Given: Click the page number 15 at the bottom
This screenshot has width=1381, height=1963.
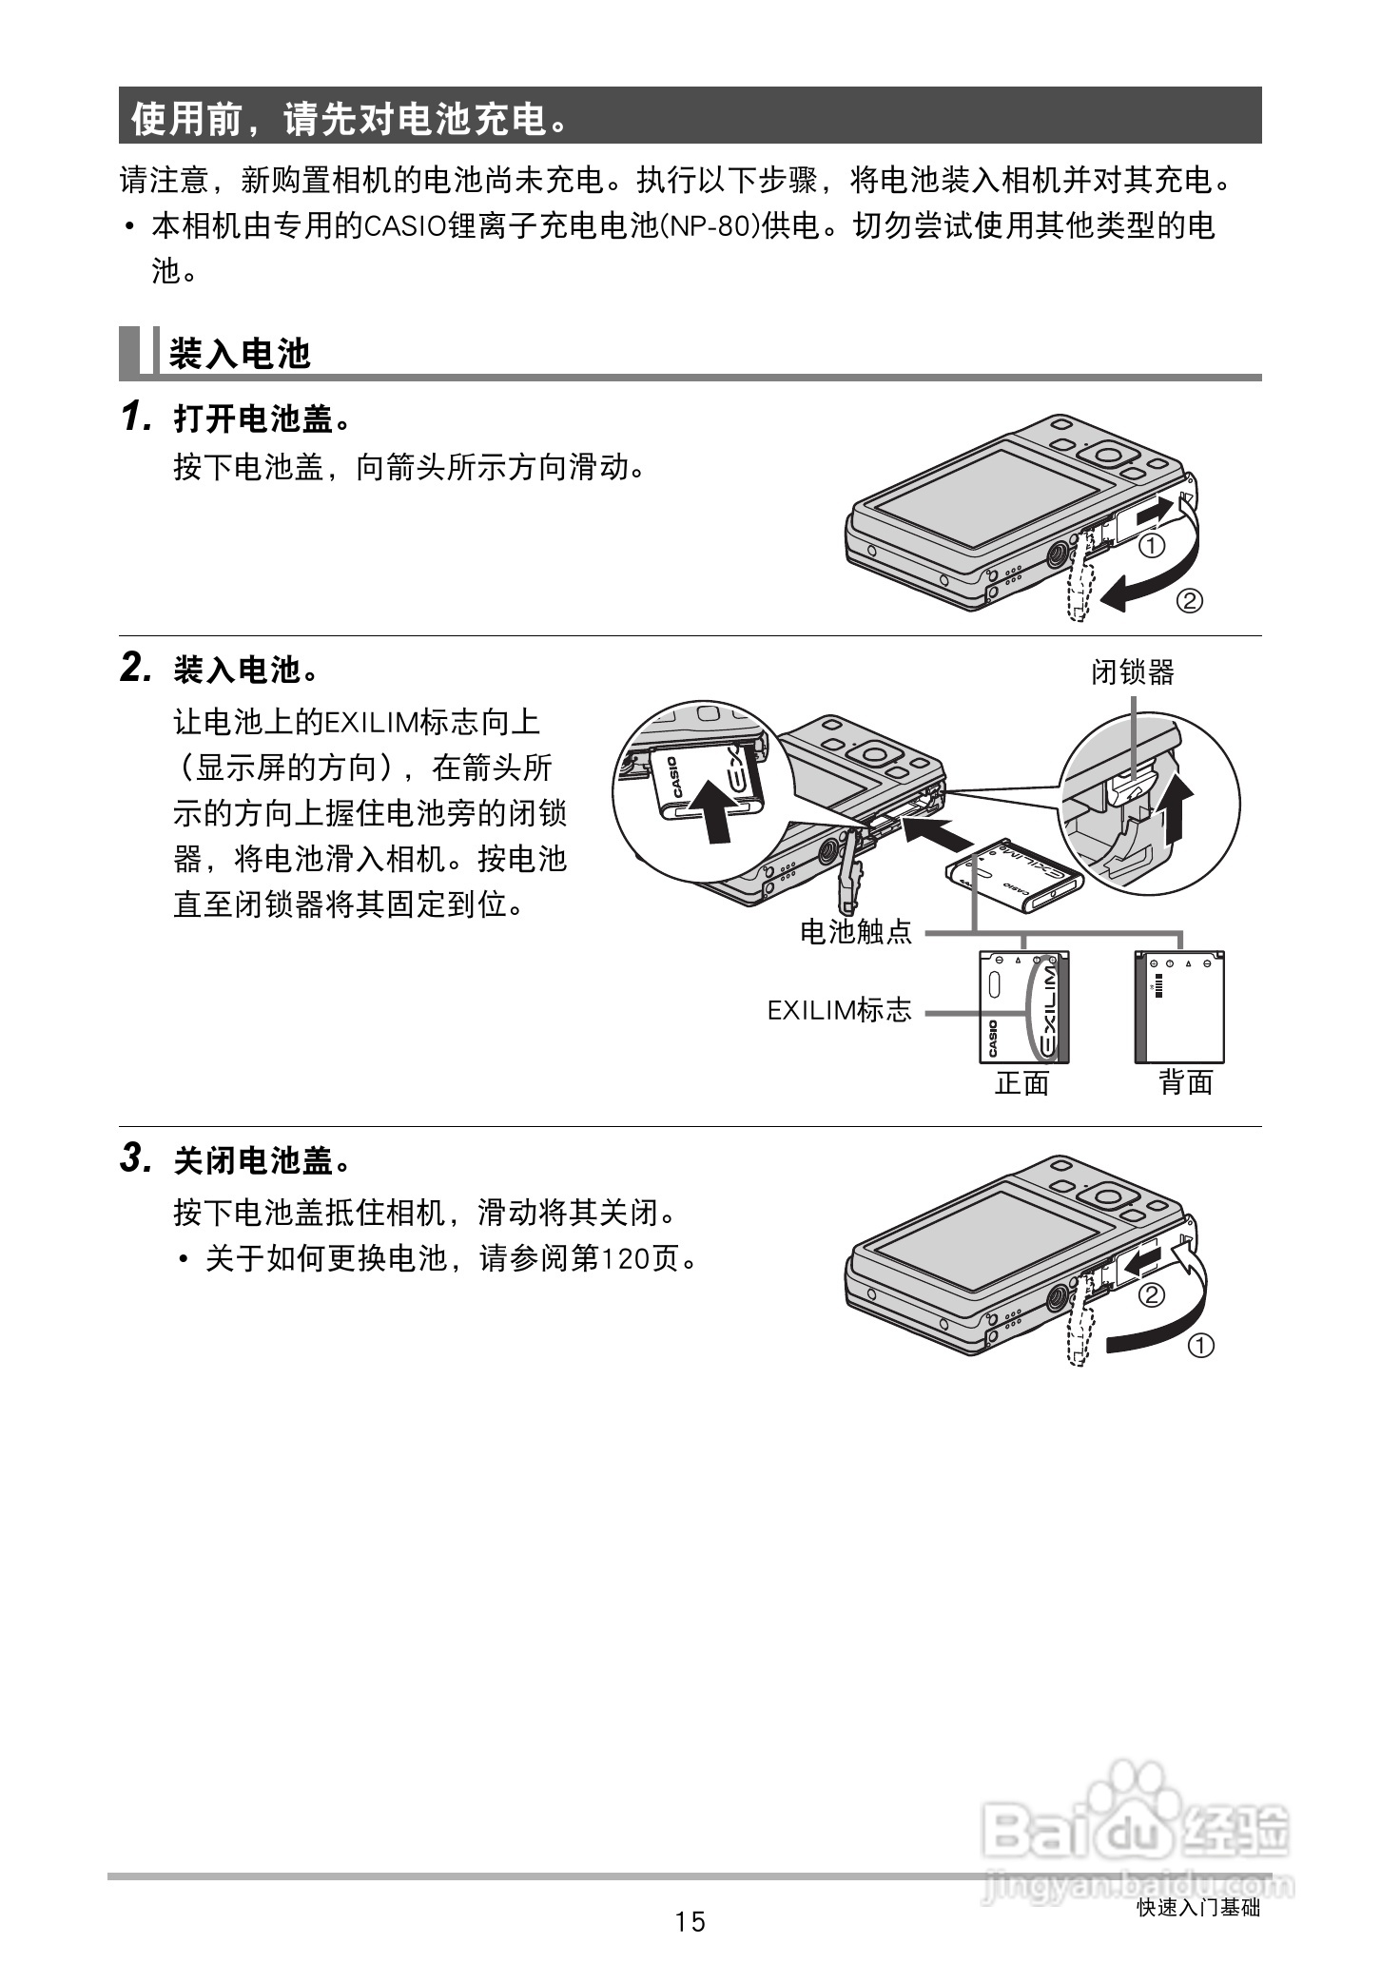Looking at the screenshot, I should [x=690, y=1921].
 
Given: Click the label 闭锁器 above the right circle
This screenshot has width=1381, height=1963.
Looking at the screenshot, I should [x=1132, y=672].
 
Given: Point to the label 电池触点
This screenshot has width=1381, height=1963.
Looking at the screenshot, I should [x=856, y=932].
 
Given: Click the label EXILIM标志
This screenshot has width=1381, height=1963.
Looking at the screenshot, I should [x=839, y=1010].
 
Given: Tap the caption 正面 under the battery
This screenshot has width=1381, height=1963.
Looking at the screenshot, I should [x=1021, y=1082].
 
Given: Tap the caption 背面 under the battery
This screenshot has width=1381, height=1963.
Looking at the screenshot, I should [x=1185, y=1082].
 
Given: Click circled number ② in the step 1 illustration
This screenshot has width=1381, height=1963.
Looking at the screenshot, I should [x=1189, y=601].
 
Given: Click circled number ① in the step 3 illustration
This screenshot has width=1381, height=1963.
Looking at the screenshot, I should [x=1201, y=1346].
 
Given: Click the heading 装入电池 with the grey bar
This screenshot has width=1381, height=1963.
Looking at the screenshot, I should [x=240, y=354].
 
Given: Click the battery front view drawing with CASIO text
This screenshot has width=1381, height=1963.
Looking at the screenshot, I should [x=1023, y=1007].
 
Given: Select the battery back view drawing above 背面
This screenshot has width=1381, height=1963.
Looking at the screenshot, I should [x=1179, y=1007].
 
